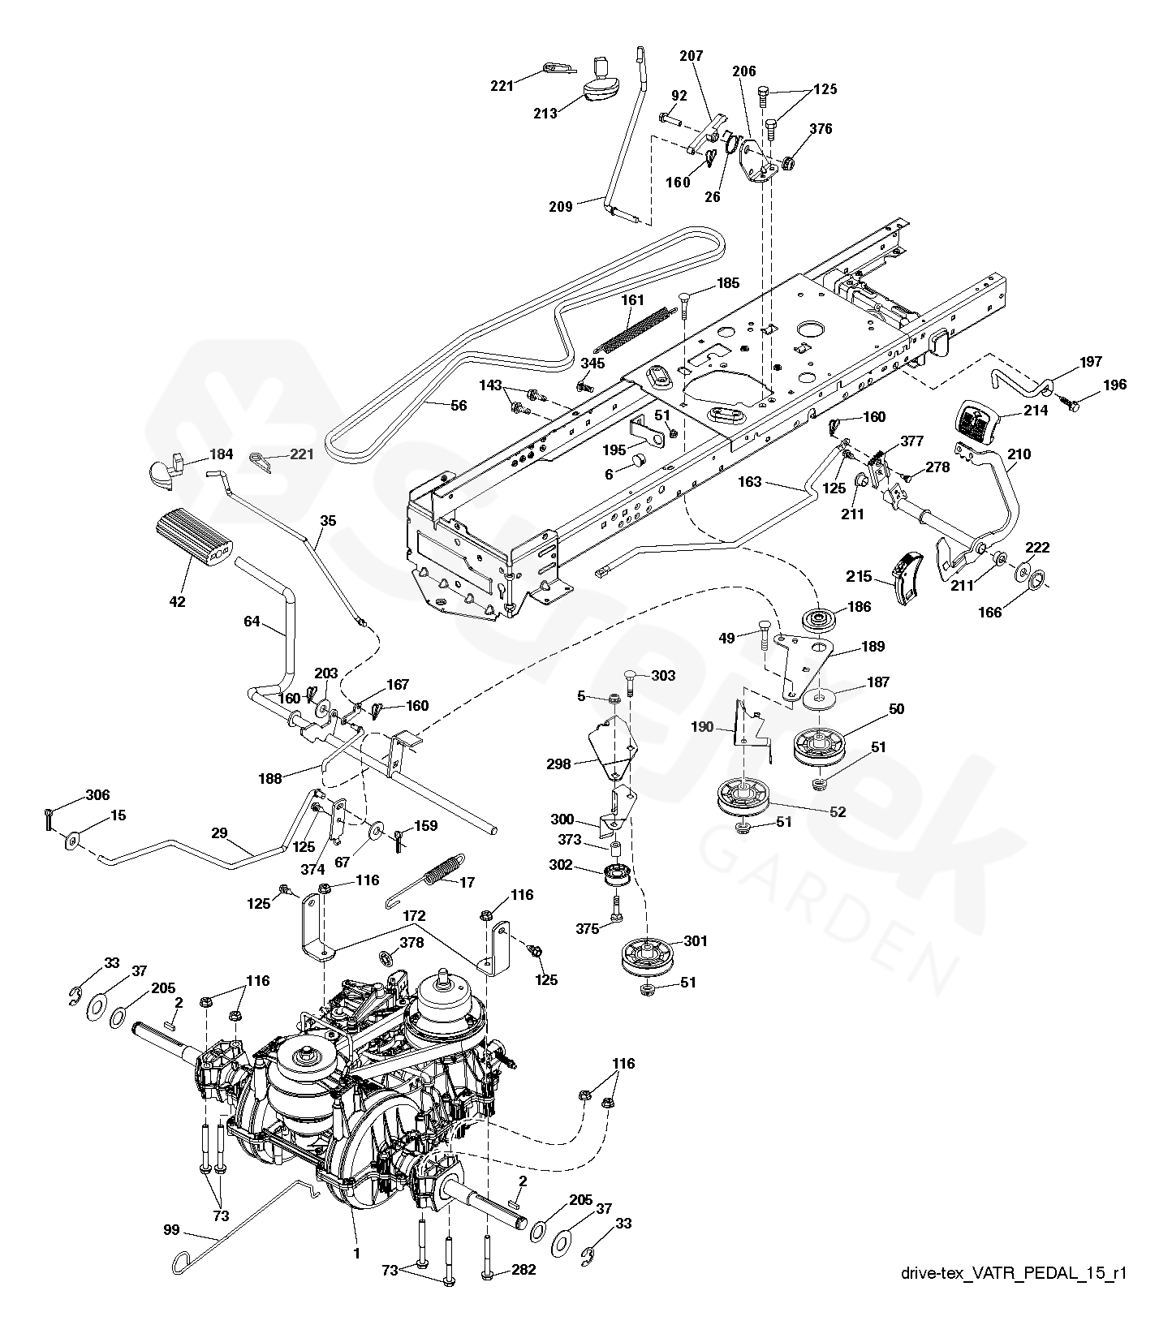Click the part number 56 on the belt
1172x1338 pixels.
click(x=459, y=405)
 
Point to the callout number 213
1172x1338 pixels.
click(x=545, y=114)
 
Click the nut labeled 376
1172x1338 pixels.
click(x=786, y=164)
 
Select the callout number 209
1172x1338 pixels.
click(x=560, y=206)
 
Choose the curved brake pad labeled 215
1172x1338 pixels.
click(x=907, y=577)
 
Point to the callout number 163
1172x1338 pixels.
click(x=750, y=481)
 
